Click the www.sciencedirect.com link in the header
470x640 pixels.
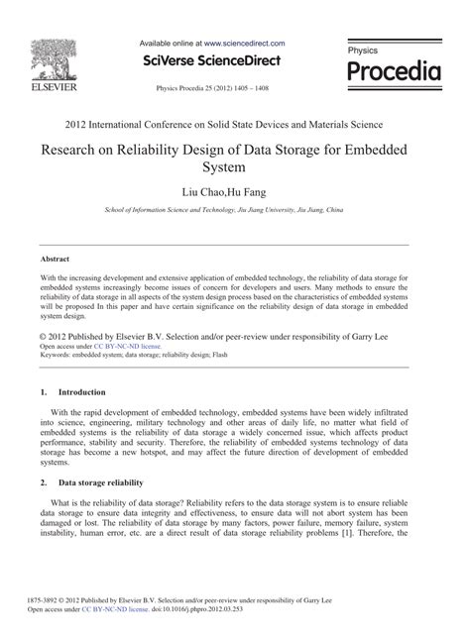[245, 45]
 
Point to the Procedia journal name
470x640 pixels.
[393, 72]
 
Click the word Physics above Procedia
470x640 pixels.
[363, 49]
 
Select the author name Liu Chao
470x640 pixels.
[205, 191]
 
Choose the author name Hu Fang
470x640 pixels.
[252, 191]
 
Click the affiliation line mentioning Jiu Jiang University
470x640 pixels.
[234, 210]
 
